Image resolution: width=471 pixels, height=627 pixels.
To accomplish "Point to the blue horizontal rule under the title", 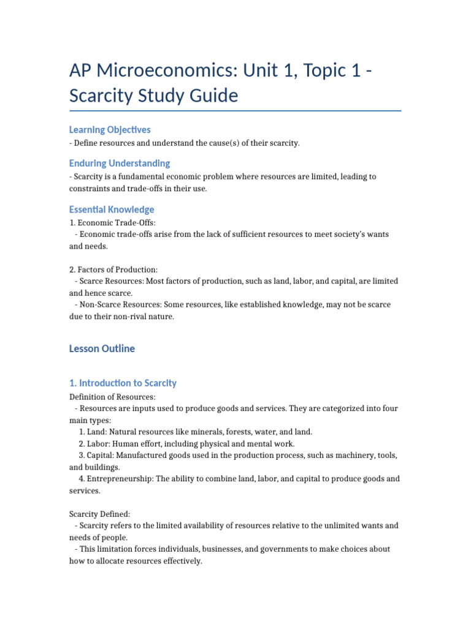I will tap(235, 111).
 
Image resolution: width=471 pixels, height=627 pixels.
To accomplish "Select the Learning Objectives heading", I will tap(110, 130).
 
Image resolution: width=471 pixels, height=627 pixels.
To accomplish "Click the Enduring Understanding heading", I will tap(120, 163).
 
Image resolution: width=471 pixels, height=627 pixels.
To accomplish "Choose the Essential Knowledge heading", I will tap(112, 209).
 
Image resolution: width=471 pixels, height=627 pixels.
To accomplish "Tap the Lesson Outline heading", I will tap(102, 348).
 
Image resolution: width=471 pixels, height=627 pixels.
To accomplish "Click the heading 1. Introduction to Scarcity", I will tap(123, 383).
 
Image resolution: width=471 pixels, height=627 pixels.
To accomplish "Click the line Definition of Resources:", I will tap(112, 397).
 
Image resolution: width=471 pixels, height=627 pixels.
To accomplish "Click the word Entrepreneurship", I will tap(120, 478).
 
